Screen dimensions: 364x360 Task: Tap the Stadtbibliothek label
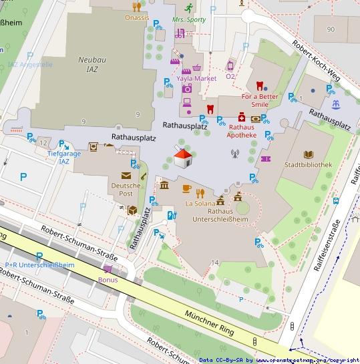pyautogui.click(x=308, y=164)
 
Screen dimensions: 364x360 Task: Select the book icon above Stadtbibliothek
pyautogui.click(x=308, y=154)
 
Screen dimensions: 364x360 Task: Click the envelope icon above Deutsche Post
pyautogui.click(x=126, y=176)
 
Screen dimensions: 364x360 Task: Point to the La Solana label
pyautogui.click(x=200, y=203)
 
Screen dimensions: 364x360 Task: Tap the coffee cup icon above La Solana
pyautogui.click(x=186, y=189)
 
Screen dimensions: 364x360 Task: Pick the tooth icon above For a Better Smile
pyautogui.click(x=260, y=85)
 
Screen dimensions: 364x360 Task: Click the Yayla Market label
pyautogui.click(x=196, y=78)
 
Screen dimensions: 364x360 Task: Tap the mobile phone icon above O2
pyautogui.click(x=230, y=65)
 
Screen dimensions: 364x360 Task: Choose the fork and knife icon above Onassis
pyautogui.click(x=137, y=7)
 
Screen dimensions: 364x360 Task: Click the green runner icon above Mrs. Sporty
pyautogui.click(x=189, y=9)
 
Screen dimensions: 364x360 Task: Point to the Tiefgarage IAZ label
pyautogui.click(x=64, y=158)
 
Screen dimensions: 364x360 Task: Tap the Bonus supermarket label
pyautogui.click(x=108, y=280)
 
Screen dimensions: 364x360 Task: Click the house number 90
pyautogui.click(x=330, y=29)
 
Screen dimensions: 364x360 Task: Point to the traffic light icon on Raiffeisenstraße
pyautogui.click(x=292, y=327)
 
